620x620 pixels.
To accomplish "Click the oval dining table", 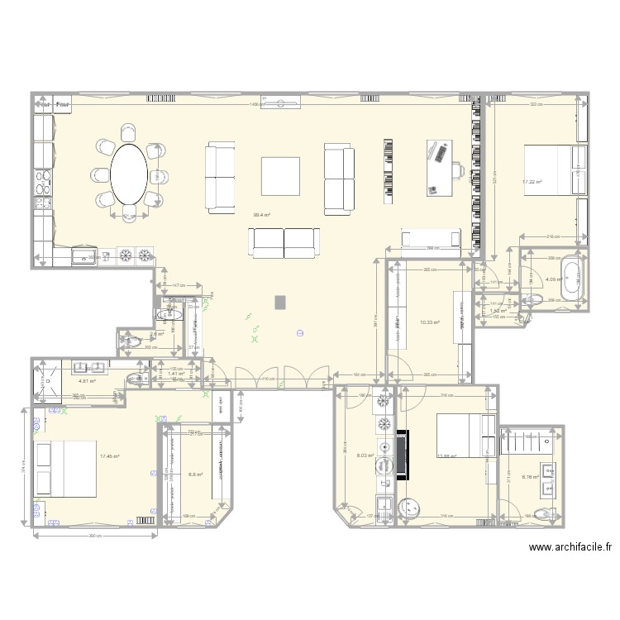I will tap(131, 174).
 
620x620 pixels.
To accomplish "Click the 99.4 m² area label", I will tap(262, 215).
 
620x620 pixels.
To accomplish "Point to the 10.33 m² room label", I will tap(429, 323).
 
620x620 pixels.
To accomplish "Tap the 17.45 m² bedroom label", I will tap(110, 456).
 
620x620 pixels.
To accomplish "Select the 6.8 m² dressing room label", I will tap(195, 474).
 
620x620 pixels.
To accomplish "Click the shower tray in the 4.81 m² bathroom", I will tap(45, 382).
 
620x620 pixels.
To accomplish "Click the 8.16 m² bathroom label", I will tap(530, 476).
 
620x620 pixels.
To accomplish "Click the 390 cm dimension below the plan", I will tap(95, 535).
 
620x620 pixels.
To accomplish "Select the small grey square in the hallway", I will tap(281, 301).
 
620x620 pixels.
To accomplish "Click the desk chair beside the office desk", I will tap(458, 172).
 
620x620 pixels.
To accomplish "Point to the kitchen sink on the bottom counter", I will tap(84, 258).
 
